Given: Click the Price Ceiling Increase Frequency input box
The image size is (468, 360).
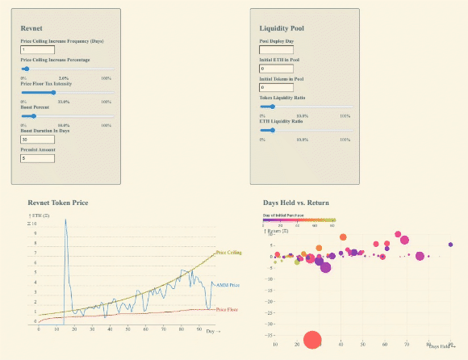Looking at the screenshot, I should [x=37, y=50].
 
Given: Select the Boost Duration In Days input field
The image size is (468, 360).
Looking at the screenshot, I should [x=37, y=140].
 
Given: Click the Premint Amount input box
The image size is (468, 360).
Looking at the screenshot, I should [x=37, y=158].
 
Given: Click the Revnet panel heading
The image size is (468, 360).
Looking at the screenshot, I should [x=31, y=28].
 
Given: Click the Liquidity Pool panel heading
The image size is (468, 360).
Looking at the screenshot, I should [x=282, y=28].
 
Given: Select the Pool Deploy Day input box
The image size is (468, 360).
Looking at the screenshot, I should [x=276, y=50].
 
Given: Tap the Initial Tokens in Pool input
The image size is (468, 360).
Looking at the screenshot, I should [x=276, y=88].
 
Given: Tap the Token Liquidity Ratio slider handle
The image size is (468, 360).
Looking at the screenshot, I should [x=273, y=106].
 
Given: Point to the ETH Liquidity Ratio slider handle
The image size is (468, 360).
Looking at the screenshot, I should [x=273, y=129].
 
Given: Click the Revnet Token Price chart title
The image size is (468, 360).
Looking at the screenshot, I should [x=57, y=202].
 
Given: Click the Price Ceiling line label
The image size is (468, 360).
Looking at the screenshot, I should [x=228, y=253].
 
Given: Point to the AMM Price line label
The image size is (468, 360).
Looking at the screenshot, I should [x=228, y=285].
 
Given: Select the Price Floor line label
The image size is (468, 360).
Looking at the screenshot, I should [x=227, y=308].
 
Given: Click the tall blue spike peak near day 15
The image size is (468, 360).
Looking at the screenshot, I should [x=65, y=220].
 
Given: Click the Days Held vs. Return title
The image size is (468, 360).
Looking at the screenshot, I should [x=295, y=202].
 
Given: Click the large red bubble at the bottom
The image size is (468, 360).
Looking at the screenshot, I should [x=311, y=341].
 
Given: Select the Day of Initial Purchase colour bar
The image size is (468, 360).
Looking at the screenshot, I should [x=299, y=220].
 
